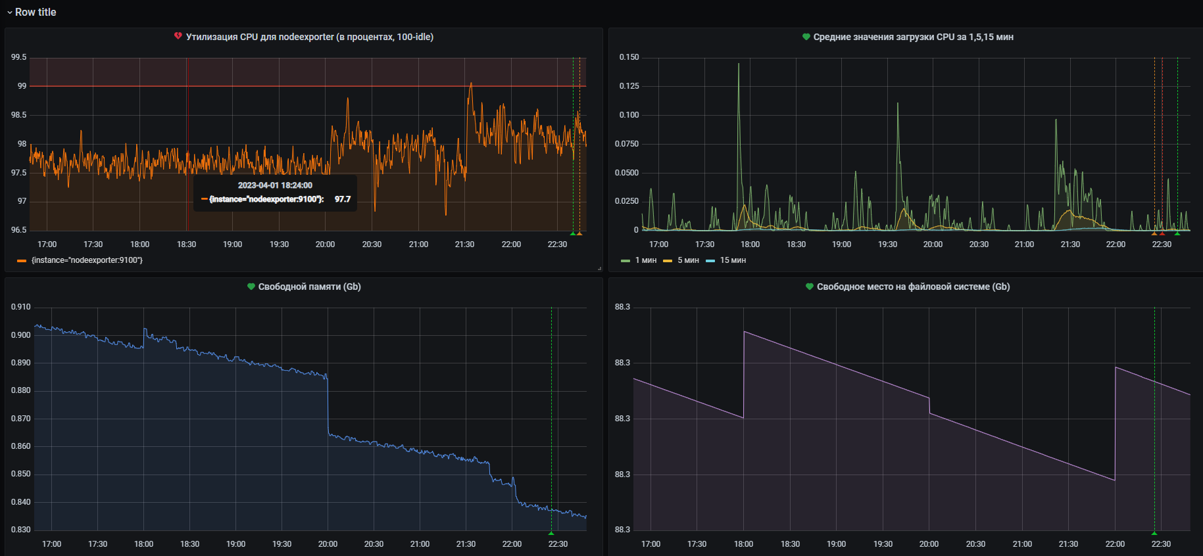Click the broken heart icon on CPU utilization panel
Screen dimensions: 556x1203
click(178, 36)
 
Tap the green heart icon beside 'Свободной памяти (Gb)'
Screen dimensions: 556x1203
click(251, 287)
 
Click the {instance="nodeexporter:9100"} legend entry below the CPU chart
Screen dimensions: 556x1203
click(86, 260)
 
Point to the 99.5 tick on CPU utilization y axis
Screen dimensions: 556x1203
click(18, 57)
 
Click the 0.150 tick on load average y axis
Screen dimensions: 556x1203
click(629, 57)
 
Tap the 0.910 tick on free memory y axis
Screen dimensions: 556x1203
click(20, 307)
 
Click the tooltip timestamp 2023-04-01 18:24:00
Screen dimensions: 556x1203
click(275, 185)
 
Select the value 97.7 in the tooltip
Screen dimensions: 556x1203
click(343, 199)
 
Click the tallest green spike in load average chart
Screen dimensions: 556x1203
click(739, 64)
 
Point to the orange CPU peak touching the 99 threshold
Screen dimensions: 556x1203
click(470, 84)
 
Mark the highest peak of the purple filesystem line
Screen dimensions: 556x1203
click(744, 332)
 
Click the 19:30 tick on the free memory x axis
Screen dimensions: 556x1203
click(282, 544)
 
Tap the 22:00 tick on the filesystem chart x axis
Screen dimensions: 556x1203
click(1115, 544)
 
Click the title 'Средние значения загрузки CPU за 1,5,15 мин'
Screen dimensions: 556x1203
click(913, 37)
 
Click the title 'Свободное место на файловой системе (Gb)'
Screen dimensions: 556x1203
click(913, 287)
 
